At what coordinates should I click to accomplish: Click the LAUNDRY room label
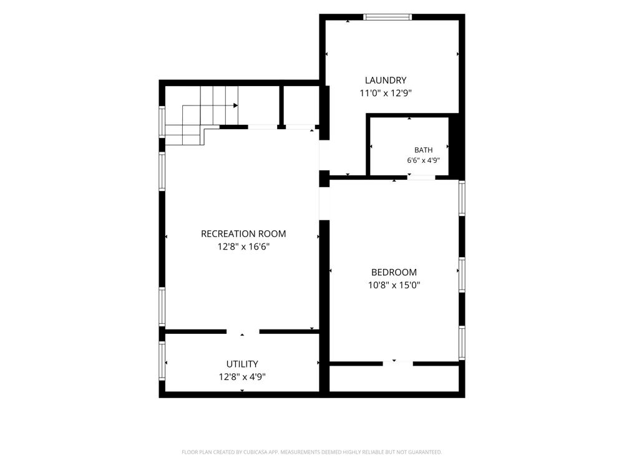pos(386,80)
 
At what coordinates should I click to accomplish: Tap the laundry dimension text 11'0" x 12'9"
pos(386,93)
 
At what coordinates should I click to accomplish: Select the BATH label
pos(424,150)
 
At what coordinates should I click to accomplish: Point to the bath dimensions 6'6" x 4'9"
pos(424,160)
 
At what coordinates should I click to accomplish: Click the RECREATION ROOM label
pos(243,234)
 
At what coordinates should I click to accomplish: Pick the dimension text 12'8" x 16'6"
pos(243,246)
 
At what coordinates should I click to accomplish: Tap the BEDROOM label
pos(394,273)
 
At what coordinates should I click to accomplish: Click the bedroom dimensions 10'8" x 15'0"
pos(394,285)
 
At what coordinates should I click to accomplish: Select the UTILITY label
pos(242,364)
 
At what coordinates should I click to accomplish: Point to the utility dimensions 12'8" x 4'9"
pos(242,377)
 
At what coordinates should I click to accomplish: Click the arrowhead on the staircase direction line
pos(236,105)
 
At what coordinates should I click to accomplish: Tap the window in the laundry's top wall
pos(388,17)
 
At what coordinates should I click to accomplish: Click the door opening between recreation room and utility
pos(243,331)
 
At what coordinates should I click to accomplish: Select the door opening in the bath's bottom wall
pos(421,177)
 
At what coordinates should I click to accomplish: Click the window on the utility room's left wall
pos(162,361)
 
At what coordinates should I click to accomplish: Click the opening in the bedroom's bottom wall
pos(398,364)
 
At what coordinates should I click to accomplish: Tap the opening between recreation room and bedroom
pos(324,203)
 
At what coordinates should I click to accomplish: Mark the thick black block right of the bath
pos(457,147)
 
